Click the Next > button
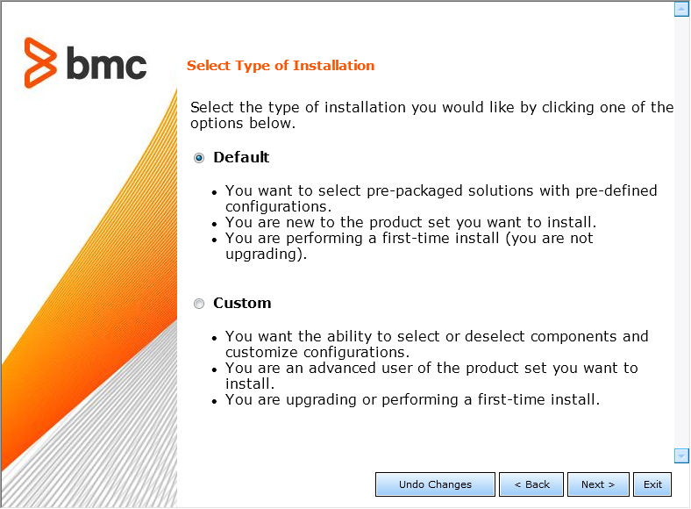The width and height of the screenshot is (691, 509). tap(598, 484)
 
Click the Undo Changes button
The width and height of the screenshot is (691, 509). tap(435, 484)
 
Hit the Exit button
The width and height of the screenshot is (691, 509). tap(652, 484)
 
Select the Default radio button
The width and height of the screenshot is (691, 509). tap(199, 158)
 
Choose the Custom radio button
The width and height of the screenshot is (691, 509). tap(199, 304)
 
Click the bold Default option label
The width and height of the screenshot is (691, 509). tap(241, 157)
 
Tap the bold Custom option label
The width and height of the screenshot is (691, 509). tap(242, 303)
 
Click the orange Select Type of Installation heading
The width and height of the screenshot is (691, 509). tap(281, 66)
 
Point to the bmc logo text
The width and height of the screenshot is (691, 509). tap(106, 64)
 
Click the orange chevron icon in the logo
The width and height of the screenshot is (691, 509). tap(41, 63)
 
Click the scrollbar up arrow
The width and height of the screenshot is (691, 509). tap(681, 10)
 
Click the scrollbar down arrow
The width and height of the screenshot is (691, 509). tap(681, 455)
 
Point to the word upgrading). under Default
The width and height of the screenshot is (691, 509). tap(266, 254)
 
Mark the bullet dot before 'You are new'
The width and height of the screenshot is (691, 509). tap(216, 223)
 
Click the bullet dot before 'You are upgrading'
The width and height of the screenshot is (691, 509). tap(216, 401)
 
